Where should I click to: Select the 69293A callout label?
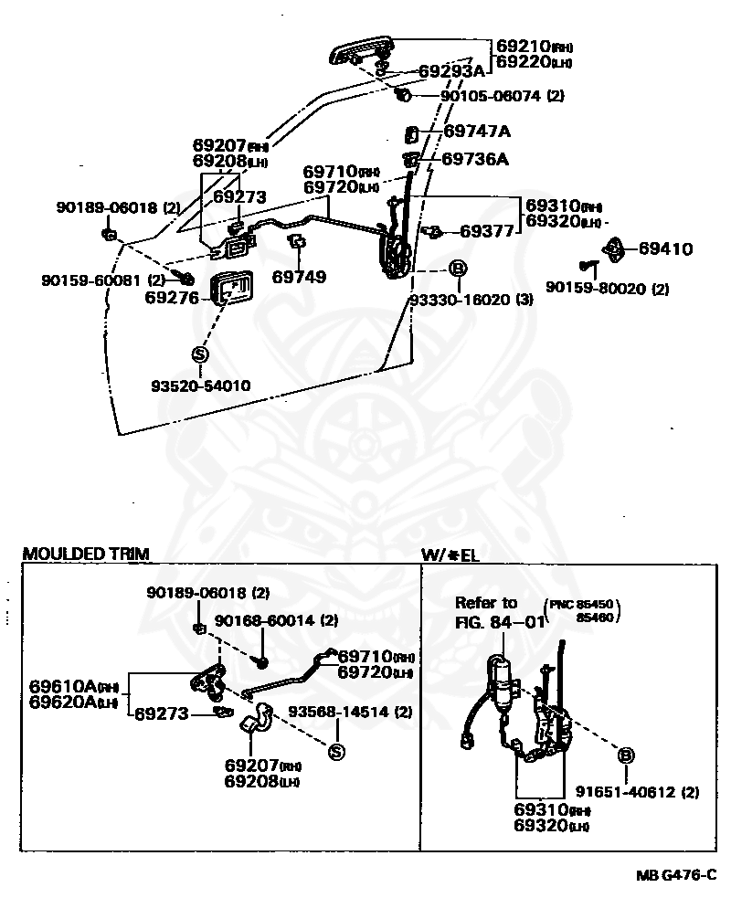(451, 71)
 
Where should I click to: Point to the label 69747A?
(477, 132)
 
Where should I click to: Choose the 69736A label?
(475, 159)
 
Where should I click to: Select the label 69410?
(665, 248)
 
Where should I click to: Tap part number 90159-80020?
(608, 289)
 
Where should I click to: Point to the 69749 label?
(299, 276)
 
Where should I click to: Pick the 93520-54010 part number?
(200, 386)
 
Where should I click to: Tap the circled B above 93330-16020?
(458, 269)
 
